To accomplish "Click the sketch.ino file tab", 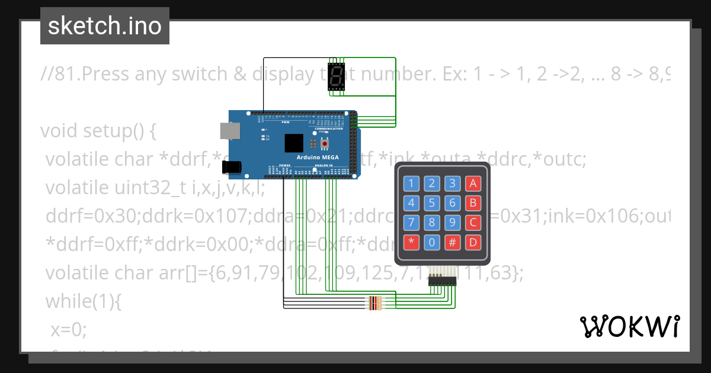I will (104, 26).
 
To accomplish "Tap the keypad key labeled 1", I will (412, 184).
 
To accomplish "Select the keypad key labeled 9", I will (453, 223).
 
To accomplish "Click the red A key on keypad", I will (473, 184).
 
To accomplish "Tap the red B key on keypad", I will (473, 203).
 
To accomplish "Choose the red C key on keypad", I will (473, 223).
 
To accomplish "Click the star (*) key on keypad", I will (412, 242).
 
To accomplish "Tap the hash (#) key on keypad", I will (453, 242).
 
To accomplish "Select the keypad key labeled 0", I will (433, 242).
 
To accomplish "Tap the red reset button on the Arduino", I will (325, 144).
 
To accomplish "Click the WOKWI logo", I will (629, 326).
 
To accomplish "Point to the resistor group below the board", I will (376, 303).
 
